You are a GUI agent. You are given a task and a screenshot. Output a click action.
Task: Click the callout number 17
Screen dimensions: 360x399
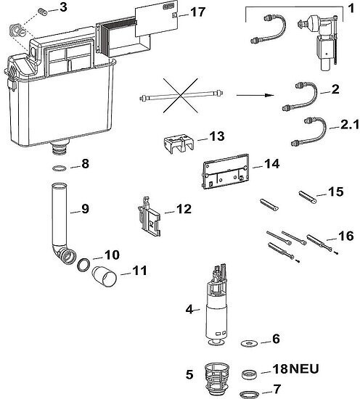pos(197,12)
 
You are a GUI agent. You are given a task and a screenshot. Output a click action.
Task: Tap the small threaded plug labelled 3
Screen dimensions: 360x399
pos(42,12)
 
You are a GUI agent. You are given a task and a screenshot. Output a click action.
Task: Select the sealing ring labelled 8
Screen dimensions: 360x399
pos(60,168)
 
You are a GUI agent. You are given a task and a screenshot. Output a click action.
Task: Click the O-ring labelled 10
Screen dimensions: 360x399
pos(83,265)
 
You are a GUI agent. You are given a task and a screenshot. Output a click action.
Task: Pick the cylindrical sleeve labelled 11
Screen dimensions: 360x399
pos(104,276)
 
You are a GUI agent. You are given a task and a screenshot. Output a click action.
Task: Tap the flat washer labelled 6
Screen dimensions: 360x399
pos(249,344)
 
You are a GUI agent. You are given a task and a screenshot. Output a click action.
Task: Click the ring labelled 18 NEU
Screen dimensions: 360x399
pos(250,374)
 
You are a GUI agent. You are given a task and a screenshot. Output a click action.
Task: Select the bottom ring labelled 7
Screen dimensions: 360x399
pos(250,394)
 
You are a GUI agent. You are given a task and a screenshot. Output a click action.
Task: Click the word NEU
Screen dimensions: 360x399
pos(304,369)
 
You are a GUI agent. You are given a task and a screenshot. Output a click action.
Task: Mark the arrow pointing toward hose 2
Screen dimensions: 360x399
pos(255,95)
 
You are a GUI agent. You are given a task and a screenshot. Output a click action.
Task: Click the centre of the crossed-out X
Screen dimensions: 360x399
pos(181,96)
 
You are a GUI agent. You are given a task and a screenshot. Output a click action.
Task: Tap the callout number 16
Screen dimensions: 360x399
pos(345,236)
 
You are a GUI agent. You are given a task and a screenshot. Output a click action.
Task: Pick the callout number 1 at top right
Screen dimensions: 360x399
pos(351,9)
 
